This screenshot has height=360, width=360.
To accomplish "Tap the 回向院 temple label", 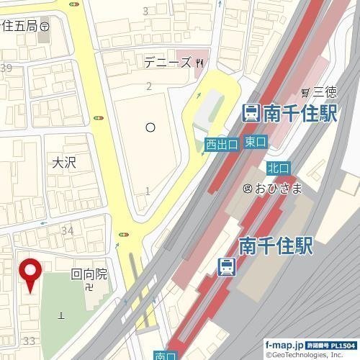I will point(89,274).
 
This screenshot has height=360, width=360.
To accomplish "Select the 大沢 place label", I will point(64,163).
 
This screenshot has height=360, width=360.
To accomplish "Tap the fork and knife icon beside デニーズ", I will point(199,63).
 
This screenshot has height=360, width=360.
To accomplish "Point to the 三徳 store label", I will point(324,91).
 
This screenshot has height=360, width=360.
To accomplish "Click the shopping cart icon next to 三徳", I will point(306,91).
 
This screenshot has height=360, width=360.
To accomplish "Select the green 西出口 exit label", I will point(221,144).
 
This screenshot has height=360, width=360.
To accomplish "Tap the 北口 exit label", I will point(278,168).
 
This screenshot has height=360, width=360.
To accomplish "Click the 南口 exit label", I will point(165,355).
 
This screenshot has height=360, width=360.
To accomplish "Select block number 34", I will point(68,230).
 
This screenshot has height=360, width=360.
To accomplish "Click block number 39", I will point(6,68).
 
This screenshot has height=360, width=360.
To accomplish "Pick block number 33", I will point(30,340).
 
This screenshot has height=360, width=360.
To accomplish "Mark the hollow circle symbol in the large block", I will point(150,127).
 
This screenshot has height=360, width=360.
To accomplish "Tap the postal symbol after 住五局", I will point(45,25).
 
